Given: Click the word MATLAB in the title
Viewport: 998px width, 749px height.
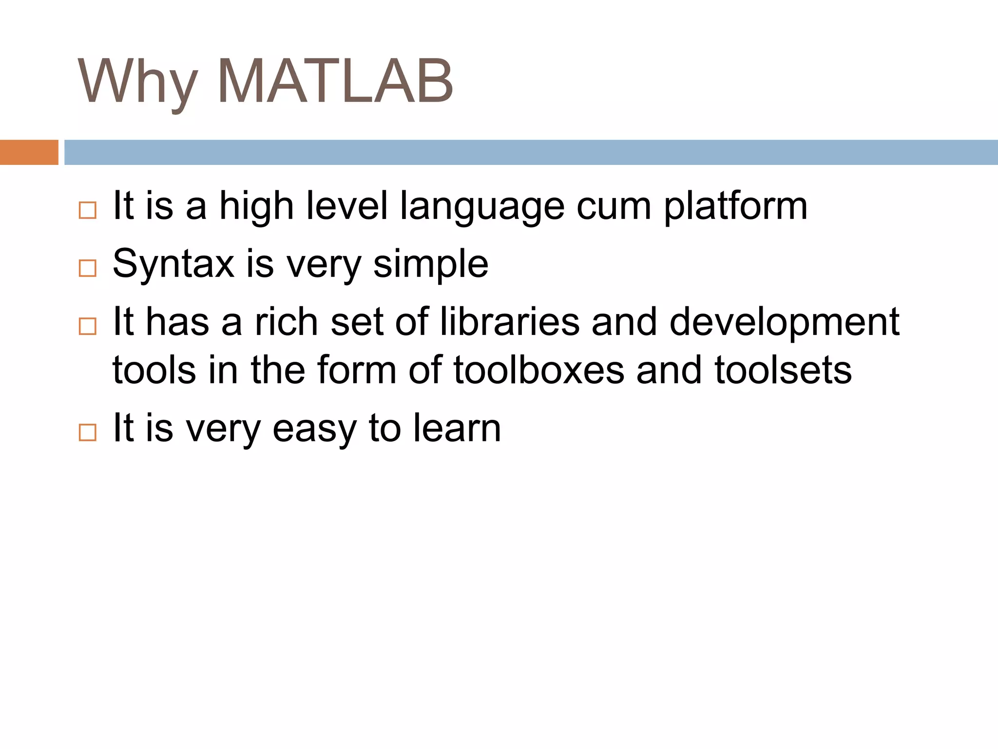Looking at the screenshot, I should point(335,81).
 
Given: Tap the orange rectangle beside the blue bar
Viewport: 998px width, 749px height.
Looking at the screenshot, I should point(29,152).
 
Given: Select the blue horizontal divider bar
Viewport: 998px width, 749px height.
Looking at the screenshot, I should point(531,152).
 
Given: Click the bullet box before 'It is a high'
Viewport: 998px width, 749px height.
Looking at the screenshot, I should point(88,210).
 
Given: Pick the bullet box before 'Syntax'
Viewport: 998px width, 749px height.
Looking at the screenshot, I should point(88,268).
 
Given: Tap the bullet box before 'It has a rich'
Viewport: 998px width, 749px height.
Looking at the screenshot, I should point(88,326).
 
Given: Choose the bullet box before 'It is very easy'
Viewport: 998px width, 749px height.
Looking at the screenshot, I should point(88,432).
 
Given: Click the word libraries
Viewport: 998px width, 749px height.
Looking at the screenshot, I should point(510,322).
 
